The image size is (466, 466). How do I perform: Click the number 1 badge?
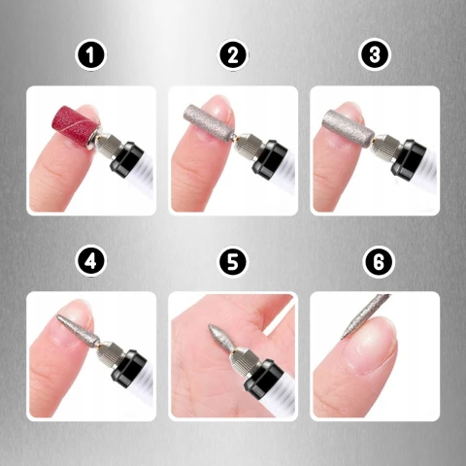click(x=90, y=55)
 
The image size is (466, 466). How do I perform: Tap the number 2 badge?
click(x=232, y=55)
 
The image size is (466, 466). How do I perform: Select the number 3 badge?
click(x=374, y=55)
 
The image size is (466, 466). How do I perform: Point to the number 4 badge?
click(x=90, y=261)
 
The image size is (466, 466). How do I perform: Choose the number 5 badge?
click(x=232, y=261)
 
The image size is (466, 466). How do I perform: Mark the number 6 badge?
click(x=374, y=261)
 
